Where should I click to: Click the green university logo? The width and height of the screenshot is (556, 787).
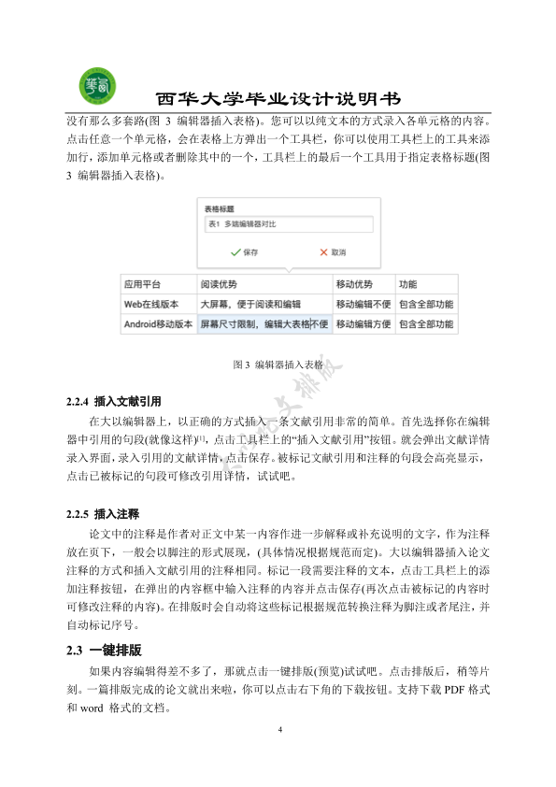coord(97,85)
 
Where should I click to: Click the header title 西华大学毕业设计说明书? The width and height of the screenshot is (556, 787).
coord(278,99)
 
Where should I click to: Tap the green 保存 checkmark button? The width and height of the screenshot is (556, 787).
coord(245,252)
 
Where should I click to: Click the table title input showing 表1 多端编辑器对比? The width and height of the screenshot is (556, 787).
coord(287,224)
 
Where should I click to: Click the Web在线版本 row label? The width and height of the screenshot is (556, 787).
coord(156,305)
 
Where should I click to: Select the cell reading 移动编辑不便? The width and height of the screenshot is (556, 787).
coord(364,305)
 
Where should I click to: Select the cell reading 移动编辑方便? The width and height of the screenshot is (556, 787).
coord(364,325)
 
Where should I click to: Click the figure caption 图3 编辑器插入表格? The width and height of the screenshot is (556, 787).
coord(278,365)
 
